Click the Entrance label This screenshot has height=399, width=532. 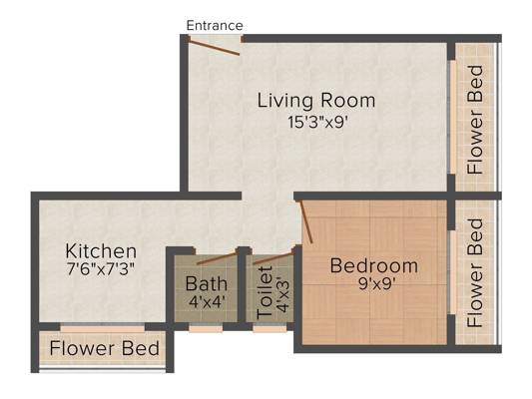[x=215, y=26]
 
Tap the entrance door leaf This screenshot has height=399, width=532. [x=214, y=47]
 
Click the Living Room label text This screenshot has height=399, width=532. [x=316, y=101]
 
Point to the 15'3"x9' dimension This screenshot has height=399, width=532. [x=318, y=123]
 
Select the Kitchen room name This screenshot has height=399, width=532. [x=101, y=251]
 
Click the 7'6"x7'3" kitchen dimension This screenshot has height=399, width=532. [x=101, y=269]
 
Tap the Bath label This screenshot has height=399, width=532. [x=207, y=283]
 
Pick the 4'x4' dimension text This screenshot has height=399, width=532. [x=207, y=301]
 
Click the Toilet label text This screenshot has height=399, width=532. [x=265, y=293]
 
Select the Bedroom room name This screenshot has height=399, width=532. [x=374, y=265]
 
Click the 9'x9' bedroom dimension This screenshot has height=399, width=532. [x=375, y=284]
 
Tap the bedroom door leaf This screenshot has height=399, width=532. [x=306, y=222]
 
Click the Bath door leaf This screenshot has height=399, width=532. [x=217, y=258]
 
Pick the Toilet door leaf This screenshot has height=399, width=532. [x=273, y=258]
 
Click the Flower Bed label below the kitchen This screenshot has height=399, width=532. [x=104, y=348]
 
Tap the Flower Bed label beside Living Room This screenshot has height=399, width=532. [x=475, y=121]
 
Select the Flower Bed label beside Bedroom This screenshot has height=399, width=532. [x=475, y=273]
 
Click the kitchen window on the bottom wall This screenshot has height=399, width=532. [x=103, y=328]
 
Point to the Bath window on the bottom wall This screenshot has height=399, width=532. [x=206, y=328]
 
